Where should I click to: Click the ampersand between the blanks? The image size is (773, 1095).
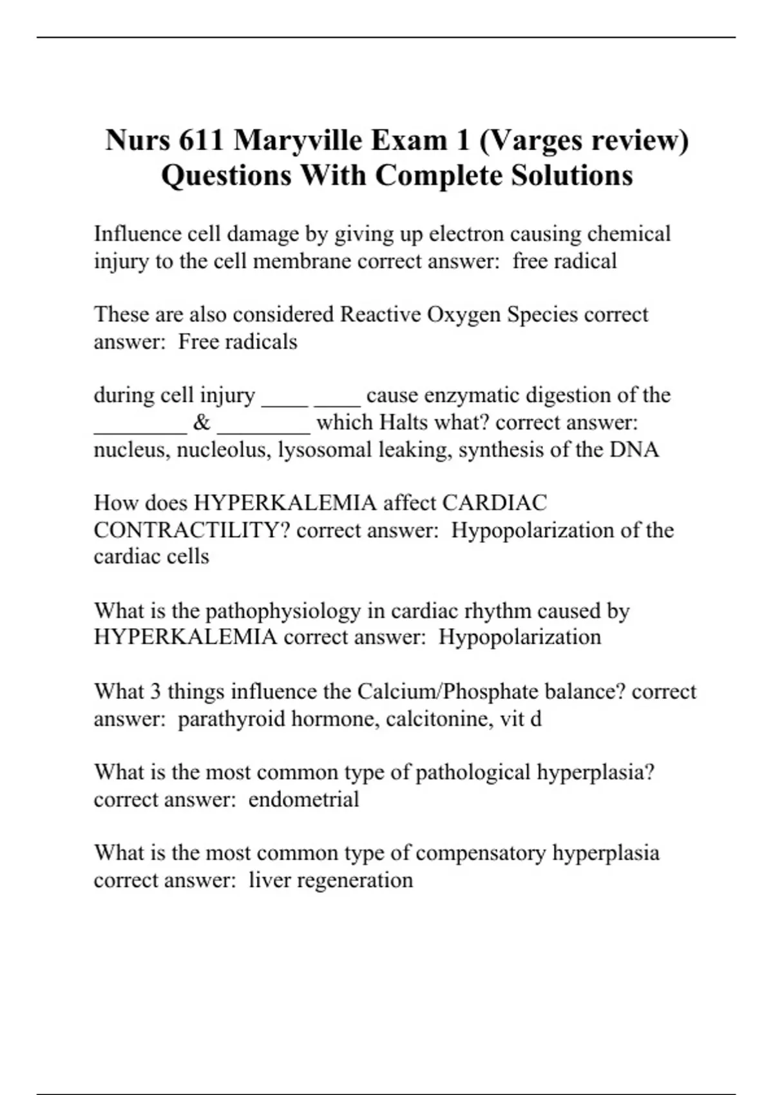point(201,423)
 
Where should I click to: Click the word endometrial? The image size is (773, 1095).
point(303,799)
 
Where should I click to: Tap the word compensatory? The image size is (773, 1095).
point(481,853)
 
